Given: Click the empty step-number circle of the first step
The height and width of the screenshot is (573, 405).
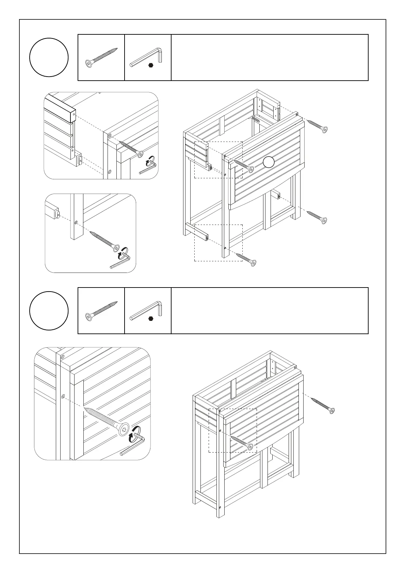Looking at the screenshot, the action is click(x=49, y=57).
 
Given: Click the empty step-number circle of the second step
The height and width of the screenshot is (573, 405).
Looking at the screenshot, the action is click(x=49, y=311).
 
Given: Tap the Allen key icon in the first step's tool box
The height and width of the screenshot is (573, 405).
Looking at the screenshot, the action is click(x=147, y=56).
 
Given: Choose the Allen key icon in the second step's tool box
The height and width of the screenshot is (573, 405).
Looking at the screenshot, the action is click(x=147, y=310).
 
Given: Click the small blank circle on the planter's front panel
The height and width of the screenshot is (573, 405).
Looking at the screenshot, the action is click(x=269, y=162).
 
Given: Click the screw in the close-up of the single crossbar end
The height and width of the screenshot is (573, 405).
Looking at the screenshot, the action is click(x=104, y=241).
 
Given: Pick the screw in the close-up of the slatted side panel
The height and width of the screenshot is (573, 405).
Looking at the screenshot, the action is click(x=131, y=148).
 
